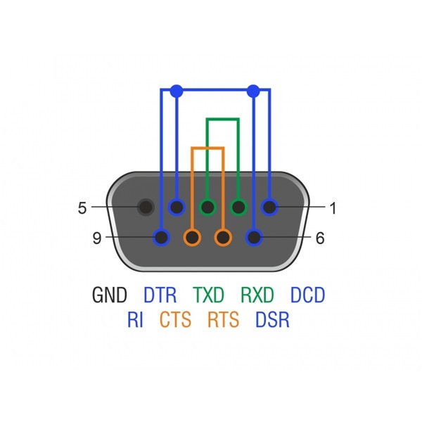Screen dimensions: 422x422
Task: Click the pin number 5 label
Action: pos(82,208)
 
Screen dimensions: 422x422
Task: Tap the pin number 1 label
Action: pos(333,208)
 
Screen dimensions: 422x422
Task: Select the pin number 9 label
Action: pos(97,238)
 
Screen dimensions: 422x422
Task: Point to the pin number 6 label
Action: pos(320,238)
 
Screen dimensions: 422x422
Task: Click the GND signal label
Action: pos(109,295)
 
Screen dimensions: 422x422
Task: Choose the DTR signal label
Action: pos(160,295)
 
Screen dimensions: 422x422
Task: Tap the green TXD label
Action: pos(209,295)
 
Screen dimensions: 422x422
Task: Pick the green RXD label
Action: pos(257,295)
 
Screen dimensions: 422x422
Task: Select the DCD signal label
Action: pos(307,295)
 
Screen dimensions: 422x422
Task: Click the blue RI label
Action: pos(135,319)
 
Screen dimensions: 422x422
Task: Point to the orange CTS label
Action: pos(175,319)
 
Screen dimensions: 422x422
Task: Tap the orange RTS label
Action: pos(223,319)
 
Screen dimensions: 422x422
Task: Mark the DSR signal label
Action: pos(272,319)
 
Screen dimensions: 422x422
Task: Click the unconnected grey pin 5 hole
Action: pos(146,207)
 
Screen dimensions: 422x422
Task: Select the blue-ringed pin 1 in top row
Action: pos(269,207)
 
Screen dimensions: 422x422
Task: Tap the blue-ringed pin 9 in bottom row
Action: pos(161,238)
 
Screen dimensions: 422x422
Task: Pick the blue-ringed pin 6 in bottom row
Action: pos(254,238)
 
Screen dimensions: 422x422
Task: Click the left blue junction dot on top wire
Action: pos(177,91)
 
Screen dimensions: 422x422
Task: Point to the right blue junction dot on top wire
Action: pos(253,91)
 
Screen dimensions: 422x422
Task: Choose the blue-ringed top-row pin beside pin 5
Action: pos(177,207)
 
